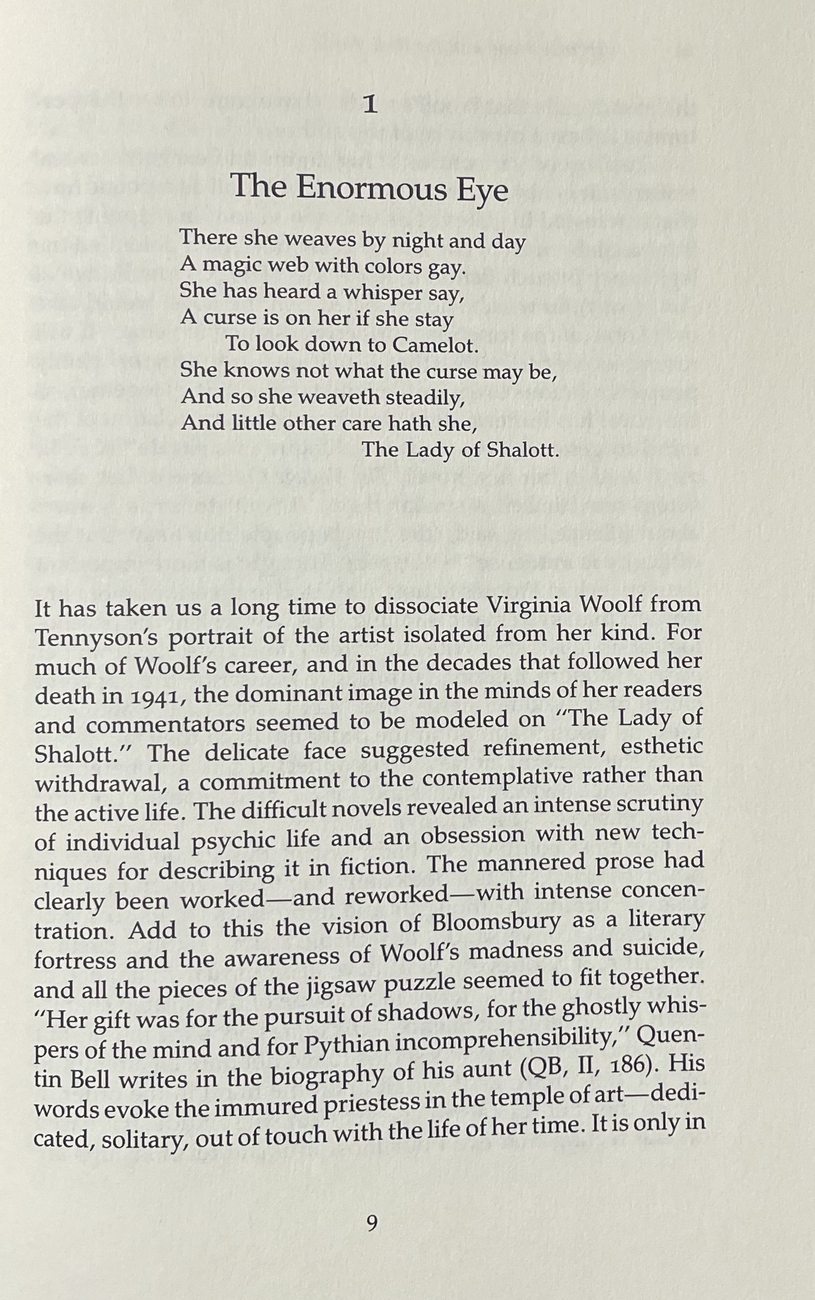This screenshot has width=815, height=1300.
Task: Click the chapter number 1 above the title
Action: (370, 104)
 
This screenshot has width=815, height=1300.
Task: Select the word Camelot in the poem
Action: (435, 345)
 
